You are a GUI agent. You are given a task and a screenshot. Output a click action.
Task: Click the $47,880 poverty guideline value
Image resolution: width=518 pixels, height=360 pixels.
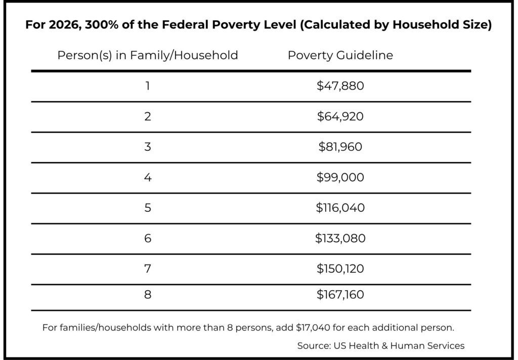coord(340,86)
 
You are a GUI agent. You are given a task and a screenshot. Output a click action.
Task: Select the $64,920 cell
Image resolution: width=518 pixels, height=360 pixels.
coord(340,116)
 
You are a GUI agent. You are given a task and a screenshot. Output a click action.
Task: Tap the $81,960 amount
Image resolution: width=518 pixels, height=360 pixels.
coord(340,147)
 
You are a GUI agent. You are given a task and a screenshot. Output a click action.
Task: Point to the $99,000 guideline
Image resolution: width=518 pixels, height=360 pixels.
coord(340,177)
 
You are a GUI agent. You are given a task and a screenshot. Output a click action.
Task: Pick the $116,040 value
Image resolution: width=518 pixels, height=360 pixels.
coord(340,208)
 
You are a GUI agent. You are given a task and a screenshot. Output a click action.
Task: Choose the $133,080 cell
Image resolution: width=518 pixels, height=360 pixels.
coord(340,238)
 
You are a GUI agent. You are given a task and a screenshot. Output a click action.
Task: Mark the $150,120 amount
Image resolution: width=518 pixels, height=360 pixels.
coord(340,268)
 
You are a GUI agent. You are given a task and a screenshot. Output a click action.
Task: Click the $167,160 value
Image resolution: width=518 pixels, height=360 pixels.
coord(340,294)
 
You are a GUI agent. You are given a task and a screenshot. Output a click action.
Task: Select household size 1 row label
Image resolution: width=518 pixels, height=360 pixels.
coord(148,86)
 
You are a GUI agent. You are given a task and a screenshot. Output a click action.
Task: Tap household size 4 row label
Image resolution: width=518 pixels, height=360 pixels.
coord(148,177)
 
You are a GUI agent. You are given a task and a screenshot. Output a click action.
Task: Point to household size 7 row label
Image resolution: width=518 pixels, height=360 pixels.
coord(148,268)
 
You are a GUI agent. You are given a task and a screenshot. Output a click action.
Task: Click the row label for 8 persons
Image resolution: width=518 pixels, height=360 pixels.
coord(148,294)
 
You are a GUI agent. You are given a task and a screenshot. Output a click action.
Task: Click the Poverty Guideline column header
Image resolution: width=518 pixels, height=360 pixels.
coord(340,55)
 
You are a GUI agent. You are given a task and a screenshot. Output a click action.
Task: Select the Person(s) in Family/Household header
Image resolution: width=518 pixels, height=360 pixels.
coord(148,55)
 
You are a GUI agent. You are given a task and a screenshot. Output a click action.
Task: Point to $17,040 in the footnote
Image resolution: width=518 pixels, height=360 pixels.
coord(313,328)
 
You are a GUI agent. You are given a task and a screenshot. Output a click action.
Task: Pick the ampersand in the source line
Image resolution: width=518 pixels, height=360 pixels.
coord(384,346)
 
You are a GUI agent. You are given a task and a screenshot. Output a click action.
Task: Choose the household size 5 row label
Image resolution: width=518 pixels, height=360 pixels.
coord(148,208)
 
